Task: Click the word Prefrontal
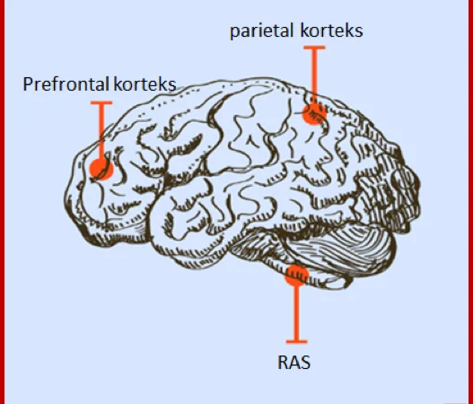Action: (x=66, y=83)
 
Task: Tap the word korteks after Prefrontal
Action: (x=145, y=83)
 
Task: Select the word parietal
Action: (x=261, y=31)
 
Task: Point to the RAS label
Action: (x=293, y=363)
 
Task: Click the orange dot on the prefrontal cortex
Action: (x=101, y=169)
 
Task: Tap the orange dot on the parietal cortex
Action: (x=314, y=113)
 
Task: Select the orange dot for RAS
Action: (x=297, y=276)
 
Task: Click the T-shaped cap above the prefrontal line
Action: (x=101, y=103)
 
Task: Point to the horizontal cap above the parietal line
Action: (x=314, y=48)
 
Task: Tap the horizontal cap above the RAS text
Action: (x=297, y=342)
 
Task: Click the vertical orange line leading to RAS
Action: (x=297, y=313)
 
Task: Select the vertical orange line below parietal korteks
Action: (x=314, y=76)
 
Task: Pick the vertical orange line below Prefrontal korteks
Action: (x=101, y=132)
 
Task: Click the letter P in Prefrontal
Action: (x=28, y=83)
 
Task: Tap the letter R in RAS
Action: (x=283, y=363)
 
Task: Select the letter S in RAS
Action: (x=305, y=363)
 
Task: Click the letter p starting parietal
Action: (x=234, y=32)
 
